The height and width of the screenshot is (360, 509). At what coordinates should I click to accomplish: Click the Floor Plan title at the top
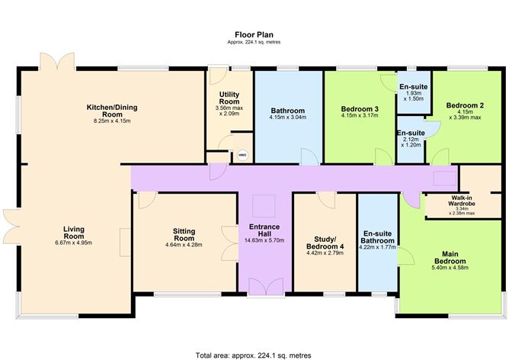(x=254, y=34)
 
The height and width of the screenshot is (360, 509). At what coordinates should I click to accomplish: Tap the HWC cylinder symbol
(x=242, y=155)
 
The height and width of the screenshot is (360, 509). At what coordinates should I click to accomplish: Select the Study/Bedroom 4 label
(x=325, y=241)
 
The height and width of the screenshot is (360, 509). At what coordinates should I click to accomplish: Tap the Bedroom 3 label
(x=360, y=110)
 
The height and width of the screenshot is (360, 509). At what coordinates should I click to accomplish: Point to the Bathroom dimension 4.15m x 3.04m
(x=288, y=117)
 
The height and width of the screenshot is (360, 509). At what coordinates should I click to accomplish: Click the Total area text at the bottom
(x=254, y=355)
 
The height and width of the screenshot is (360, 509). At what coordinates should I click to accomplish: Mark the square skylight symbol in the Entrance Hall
(x=264, y=204)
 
